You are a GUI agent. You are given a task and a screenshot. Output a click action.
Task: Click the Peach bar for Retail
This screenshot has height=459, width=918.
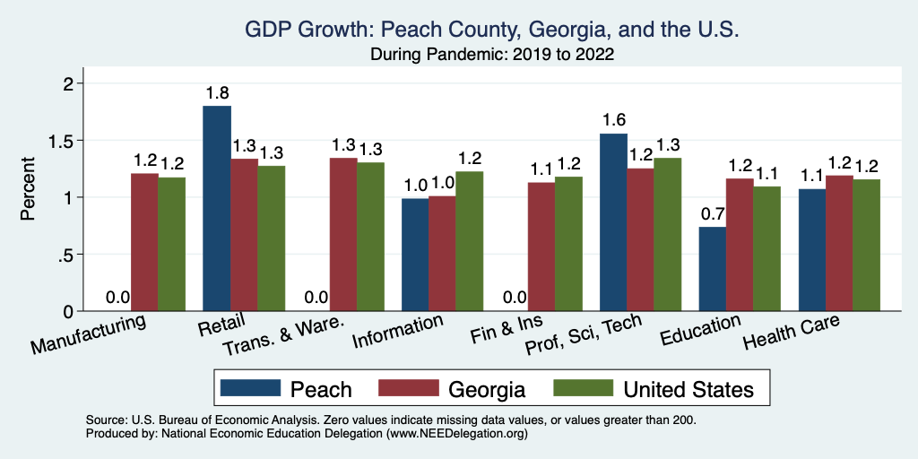pos(217,208)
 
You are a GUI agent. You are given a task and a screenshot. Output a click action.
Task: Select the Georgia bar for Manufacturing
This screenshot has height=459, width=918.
pos(144,242)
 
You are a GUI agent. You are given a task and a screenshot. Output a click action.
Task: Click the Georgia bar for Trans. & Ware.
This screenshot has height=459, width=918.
pos(342,234)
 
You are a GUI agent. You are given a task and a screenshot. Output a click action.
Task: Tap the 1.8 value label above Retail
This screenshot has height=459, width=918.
pos(217,93)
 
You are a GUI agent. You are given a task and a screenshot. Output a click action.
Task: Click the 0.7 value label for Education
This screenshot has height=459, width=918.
pos(712,214)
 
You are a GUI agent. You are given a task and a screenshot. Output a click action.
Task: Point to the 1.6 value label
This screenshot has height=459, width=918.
pos(613,120)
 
